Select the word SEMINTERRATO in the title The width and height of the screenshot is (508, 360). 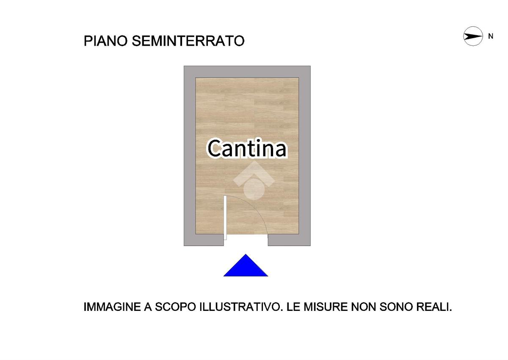[188, 41]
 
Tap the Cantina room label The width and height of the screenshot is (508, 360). [248, 149]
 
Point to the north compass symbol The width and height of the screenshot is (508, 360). [473, 36]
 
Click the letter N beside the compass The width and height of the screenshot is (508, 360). [491, 36]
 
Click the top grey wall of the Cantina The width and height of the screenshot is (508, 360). [247, 72]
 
